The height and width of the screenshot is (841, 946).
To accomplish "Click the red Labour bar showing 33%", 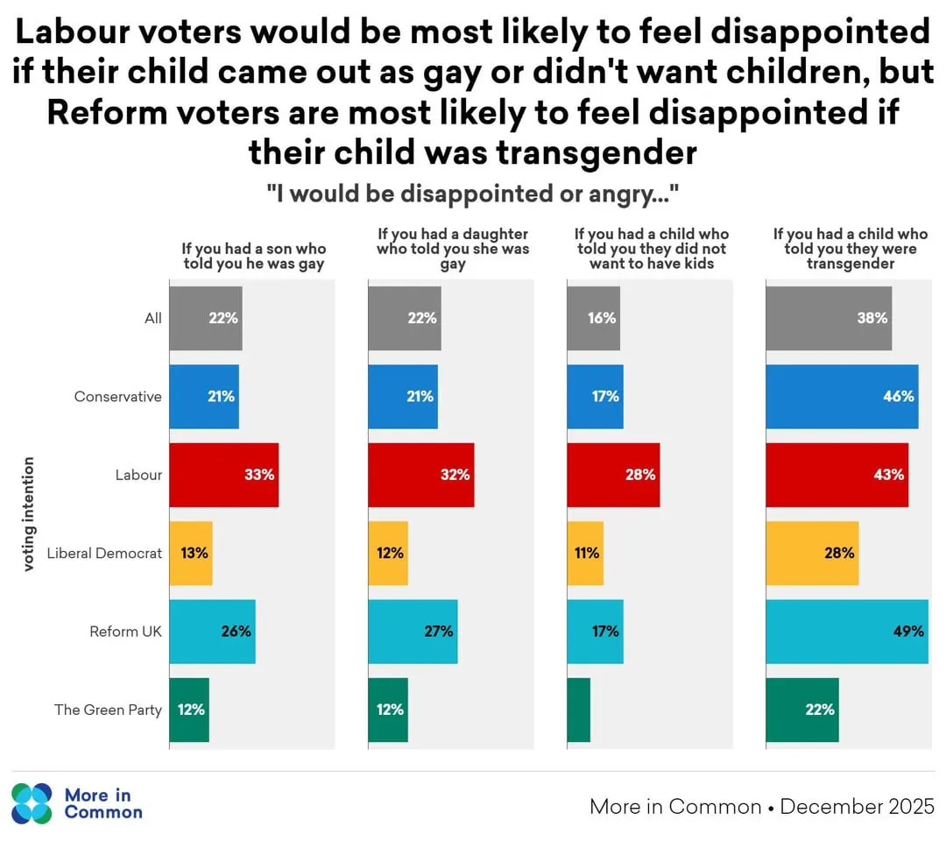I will tap(223, 475).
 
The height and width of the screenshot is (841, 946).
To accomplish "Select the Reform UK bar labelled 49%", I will tap(846, 632).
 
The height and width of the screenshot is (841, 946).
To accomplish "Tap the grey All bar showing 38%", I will tap(829, 319).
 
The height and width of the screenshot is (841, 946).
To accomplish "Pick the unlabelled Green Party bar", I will tap(578, 710).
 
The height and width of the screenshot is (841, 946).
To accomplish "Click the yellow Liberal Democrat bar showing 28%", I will tap(812, 553).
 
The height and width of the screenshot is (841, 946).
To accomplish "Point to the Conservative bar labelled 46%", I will tap(842, 397).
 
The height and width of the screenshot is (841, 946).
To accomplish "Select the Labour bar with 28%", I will tap(613, 475).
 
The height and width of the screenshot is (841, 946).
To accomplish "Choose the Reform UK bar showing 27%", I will tap(413, 632).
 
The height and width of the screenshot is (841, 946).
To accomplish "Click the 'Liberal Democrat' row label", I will tap(104, 554).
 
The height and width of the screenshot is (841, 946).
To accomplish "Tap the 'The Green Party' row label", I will tap(108, 710).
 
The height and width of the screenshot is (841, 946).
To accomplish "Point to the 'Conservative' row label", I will tap(118, 397).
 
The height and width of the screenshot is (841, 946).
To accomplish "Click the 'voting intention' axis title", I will tap(29, 514).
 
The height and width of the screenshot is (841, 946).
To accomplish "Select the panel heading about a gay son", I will tap(254, 256).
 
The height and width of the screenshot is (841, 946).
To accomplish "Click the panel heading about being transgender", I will tap(850, 249).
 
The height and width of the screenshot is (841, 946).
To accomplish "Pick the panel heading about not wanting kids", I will tap(651, 249).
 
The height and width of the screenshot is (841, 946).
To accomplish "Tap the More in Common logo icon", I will tap(32, 803).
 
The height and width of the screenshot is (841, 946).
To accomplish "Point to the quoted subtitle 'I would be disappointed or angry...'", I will tap(473, 194).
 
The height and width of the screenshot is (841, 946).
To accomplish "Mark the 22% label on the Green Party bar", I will tap(819, 710).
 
